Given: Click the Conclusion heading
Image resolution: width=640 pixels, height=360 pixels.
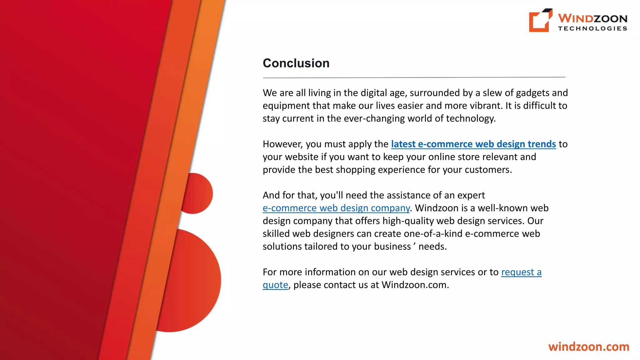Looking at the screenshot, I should pyautogui.click(x=296, y=63).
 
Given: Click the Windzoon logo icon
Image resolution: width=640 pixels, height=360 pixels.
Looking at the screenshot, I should pyautogui.click(x=540, y=20).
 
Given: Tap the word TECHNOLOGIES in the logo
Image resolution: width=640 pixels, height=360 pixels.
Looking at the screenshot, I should pyautogui.click(x=592, y=28).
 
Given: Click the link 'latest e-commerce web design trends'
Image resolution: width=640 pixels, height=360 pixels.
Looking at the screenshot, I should pyautogui.click(x=473, y=144).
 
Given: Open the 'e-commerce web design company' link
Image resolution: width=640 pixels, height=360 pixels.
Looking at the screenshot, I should pyautogui.click(x=336, y=208).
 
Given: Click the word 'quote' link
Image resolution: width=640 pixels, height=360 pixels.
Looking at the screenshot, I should pyautogui.click(x=275, y=285).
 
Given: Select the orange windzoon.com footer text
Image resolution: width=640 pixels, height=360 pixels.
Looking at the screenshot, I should pyautogui.click(x=589, y=347).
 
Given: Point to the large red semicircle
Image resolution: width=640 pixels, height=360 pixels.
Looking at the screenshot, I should pyautogui.click(x=194, y=281).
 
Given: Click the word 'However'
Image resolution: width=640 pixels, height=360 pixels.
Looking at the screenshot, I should pyautogui.click(x=282, y=144).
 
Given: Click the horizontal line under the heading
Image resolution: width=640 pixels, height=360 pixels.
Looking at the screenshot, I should pyautogui.click(x=414, y=77).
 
